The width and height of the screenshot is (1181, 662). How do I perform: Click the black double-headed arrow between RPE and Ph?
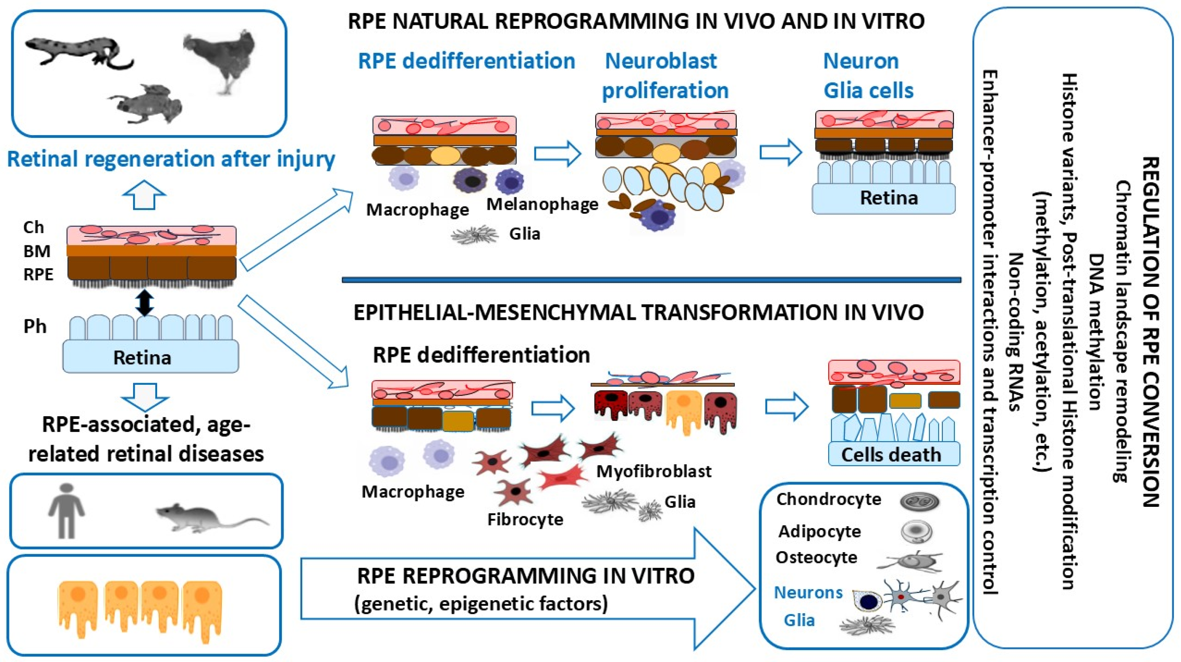coord(145,302)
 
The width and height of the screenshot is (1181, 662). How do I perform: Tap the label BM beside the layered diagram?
coord(37,251)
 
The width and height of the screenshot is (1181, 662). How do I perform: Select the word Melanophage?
coord(542,204)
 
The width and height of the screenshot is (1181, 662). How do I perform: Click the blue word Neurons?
coord(808,592)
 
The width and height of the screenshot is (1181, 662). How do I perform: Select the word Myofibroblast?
coord(654,471)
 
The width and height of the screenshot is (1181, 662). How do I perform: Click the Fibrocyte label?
coord(525,519)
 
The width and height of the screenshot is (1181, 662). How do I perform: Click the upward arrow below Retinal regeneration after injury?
coord(144,195)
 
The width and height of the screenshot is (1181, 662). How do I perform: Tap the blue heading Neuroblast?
coord(661,61)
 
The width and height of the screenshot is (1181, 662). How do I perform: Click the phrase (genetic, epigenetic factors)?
coord(481,603)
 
